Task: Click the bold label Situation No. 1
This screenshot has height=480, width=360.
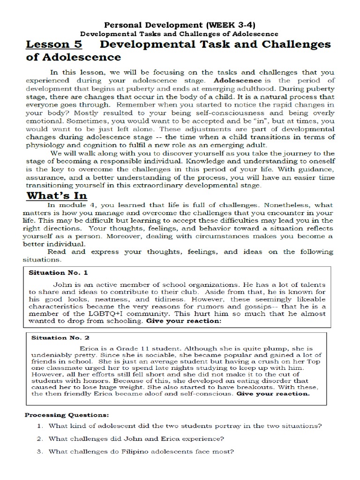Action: pyautogui.click(x=59, y=272)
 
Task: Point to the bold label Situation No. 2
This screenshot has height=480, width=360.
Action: pyautogui.click(x=60, y=337)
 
